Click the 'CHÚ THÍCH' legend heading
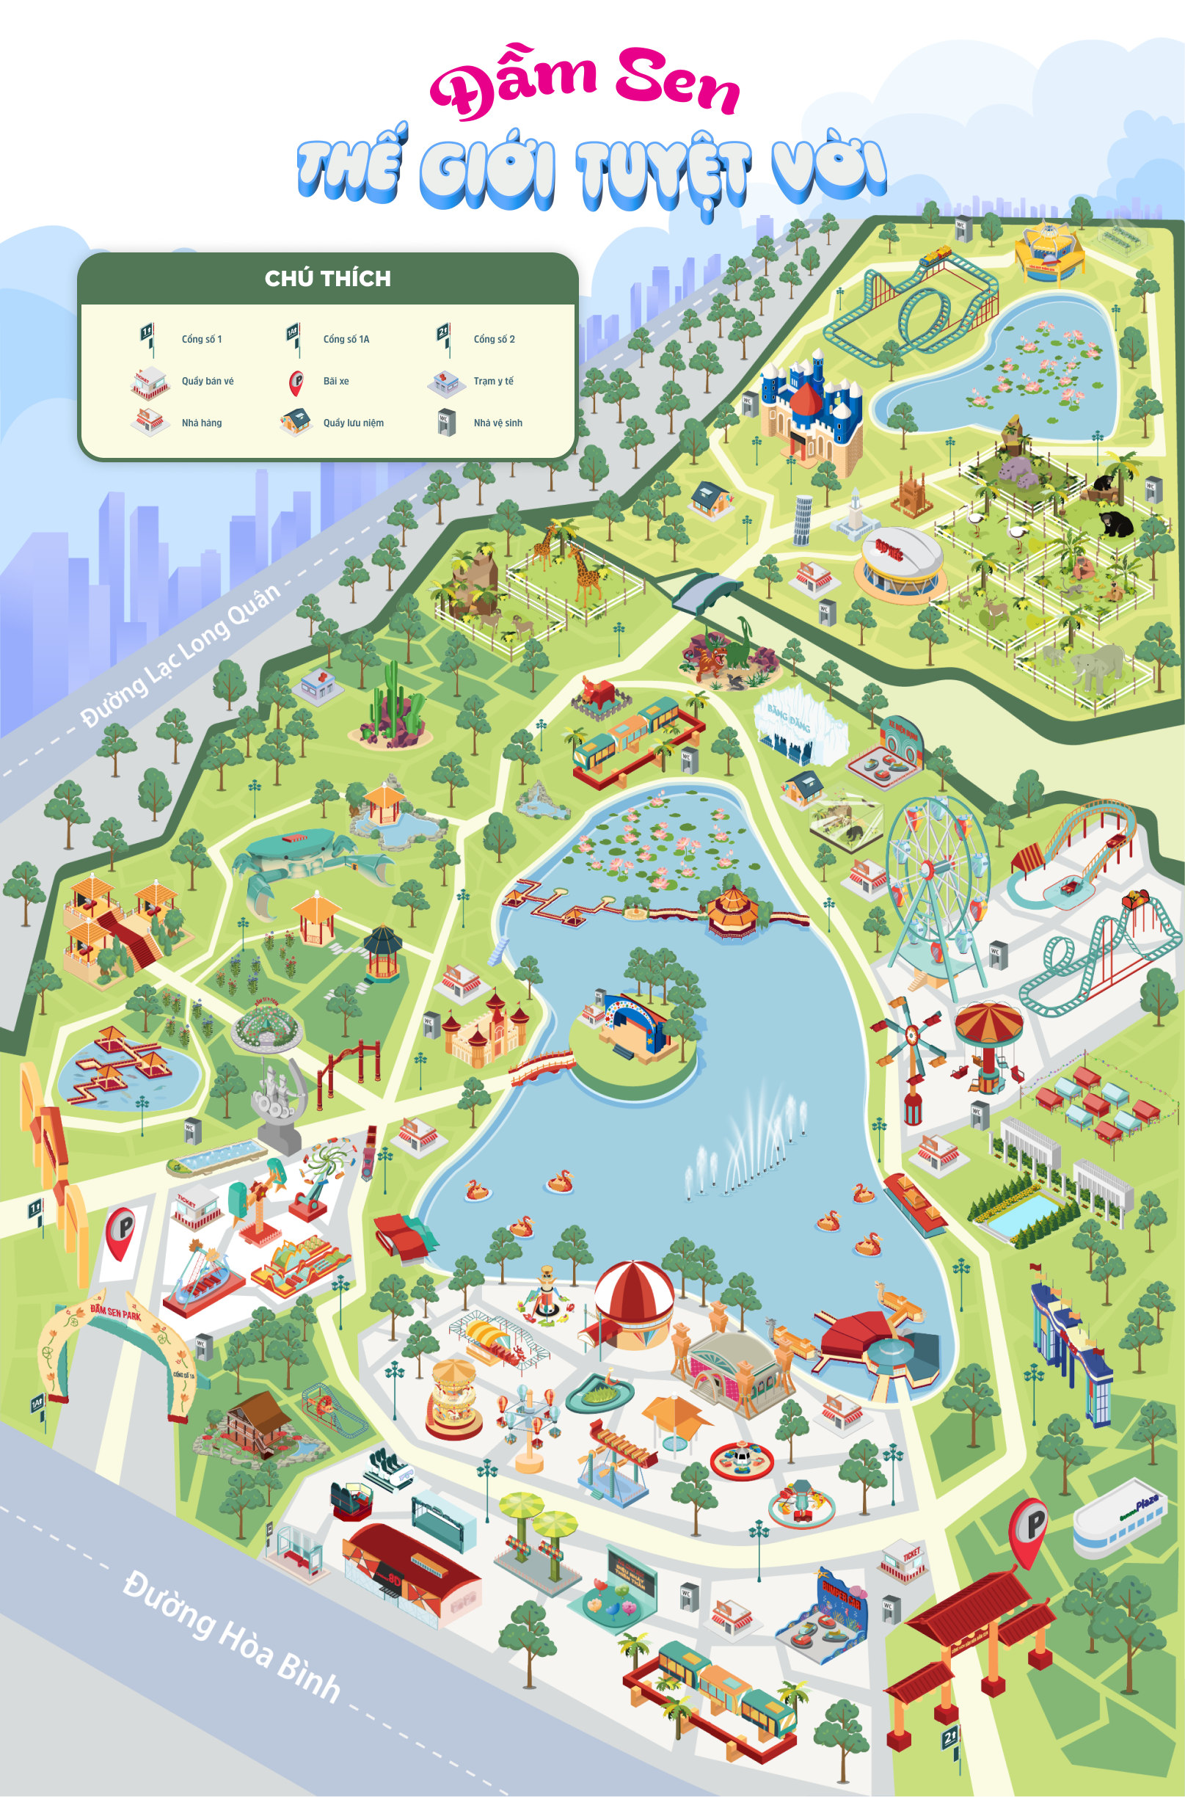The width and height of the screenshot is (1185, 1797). click(327, 279)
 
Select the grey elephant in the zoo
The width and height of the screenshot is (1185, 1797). click(1095, 665)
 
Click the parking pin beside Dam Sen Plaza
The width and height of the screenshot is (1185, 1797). click(1029, 1526)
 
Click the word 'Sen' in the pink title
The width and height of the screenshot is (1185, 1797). click(677, 81)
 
